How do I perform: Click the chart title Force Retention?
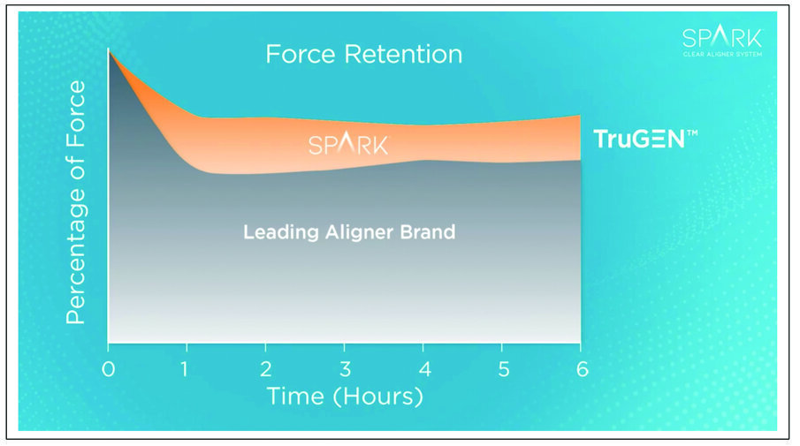click(363, 54)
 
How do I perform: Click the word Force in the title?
click(301, 54)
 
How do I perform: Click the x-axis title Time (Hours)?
click(345, 397)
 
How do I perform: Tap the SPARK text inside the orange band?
click(347, 144)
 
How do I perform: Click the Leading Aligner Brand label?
click(349, 233)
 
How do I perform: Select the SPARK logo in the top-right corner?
click(721, 37)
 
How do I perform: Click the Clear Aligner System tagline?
click(721, 55)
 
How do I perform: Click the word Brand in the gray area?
click(428, 233)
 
